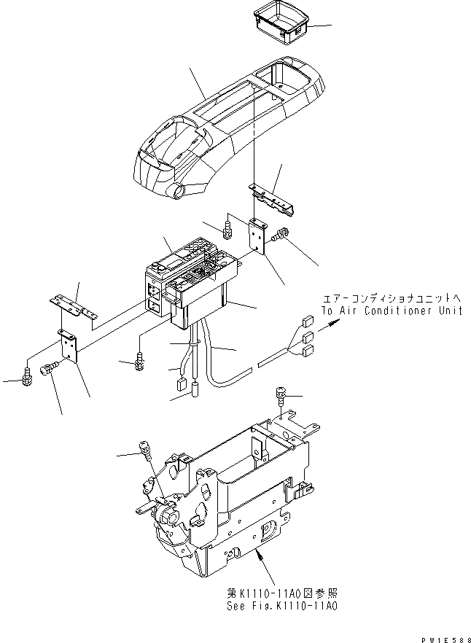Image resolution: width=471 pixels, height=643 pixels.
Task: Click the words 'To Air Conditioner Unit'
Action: [x=392, y=311]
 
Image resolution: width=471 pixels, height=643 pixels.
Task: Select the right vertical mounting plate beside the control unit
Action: [x=257, y=235]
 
